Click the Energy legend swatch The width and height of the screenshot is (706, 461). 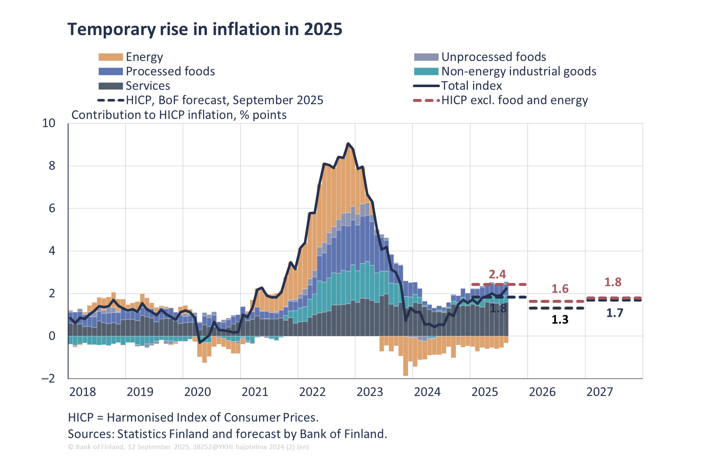[x=111, y=57]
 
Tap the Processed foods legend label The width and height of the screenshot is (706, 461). [x=170, y=71]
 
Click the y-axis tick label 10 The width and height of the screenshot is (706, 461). [x=49, y=123]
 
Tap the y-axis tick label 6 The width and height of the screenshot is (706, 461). [x=52, y=208]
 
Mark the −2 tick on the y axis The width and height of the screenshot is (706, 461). [x=48, y=378]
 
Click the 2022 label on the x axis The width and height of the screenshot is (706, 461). [x=312, y=392]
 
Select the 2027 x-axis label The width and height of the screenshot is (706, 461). [x=599, y=392]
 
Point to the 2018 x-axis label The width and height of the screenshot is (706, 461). [x=82, y=392]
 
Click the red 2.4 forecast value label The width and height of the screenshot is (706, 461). [x=497, y=274]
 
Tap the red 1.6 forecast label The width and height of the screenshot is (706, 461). [x=560, y=289]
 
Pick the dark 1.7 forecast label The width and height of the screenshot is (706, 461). [x=615, y=313]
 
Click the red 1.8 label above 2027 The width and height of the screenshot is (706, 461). [x=613, y=282]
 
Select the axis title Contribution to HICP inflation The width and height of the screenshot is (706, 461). [x=179, y=115]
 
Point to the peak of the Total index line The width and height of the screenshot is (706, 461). [x=348, y=144]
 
